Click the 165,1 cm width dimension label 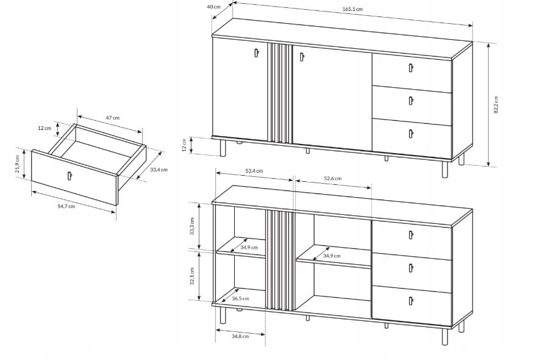coord(353,9)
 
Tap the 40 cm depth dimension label coord(213,7)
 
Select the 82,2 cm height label coord(496,105)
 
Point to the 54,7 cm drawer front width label coord(66,206)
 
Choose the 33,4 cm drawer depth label coord(159,170)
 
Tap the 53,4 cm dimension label coord(254,171)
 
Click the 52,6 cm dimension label coord(333,178)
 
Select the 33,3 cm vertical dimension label coord(192,226)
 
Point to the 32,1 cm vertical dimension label coord(192,276)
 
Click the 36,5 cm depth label coord(240,298)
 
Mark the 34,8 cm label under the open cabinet coord(240,336)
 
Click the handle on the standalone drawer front coord(70,175)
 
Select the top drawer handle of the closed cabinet coord(411,68)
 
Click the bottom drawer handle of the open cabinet coord(411,301)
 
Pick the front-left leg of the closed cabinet coord(223,147)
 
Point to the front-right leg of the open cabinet coord(445,336)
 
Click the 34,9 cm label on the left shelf coord(249,248)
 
